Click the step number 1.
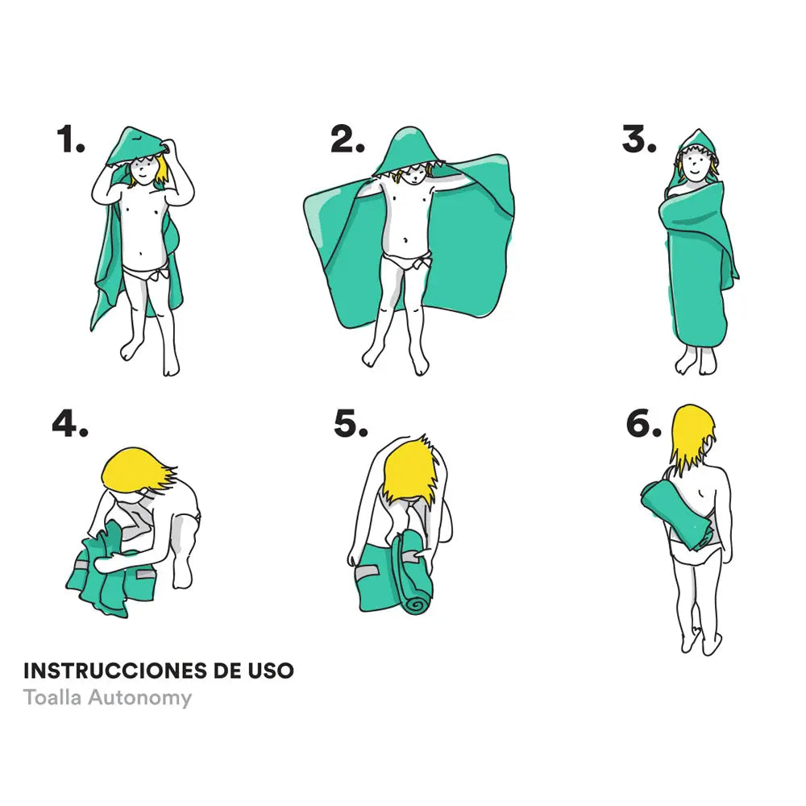click(x=71, y=140)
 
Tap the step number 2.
click(x=347, y=140)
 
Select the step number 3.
click(x=638, y=140)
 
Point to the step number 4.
click(x=70, y=424)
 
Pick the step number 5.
click(x=351, y=424)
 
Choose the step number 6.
click(x=643, y=424)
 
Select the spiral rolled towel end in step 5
click(x=418, y=602)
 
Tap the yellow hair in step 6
click(x=691, y=435)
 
